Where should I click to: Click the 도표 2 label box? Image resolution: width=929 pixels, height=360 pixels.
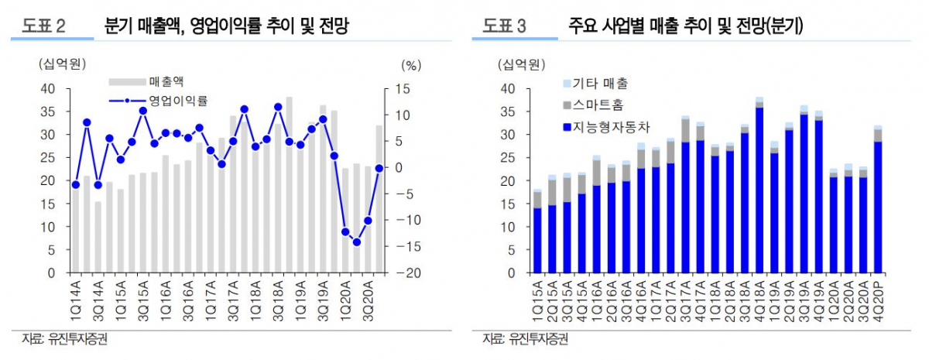click(x=44, y=27)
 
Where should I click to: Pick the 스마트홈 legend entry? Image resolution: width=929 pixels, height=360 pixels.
click(x=591, y=104)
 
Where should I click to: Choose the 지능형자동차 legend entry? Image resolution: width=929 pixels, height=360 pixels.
click(x=605, y=125)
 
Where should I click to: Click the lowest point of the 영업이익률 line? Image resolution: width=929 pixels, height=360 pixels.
click(x=357, y=242)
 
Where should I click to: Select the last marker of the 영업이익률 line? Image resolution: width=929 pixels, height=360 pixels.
click(x=379, y=168)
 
